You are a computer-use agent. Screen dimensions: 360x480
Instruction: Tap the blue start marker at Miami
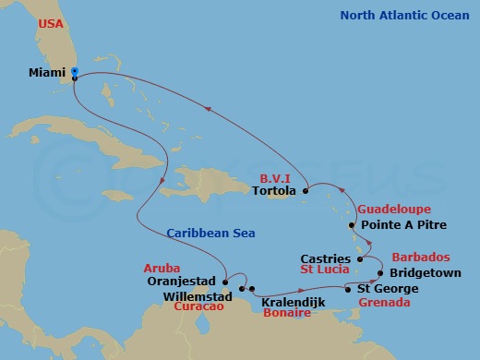pyautogui.click(x=74, y=72)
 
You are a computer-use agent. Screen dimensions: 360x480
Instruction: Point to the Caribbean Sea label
pyautogui.click(x=212, y=234)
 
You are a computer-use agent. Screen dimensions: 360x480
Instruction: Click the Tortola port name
pyautogui.click(x=274, y=192)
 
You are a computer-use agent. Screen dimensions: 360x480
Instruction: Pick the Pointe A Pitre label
pyautogui.click(x=403, y=224)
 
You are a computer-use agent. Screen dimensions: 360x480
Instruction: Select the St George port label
pyautogui.click(x=381, y=289)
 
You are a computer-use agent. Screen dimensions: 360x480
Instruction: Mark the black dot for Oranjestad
pyautogui.click(x=225, y=282)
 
